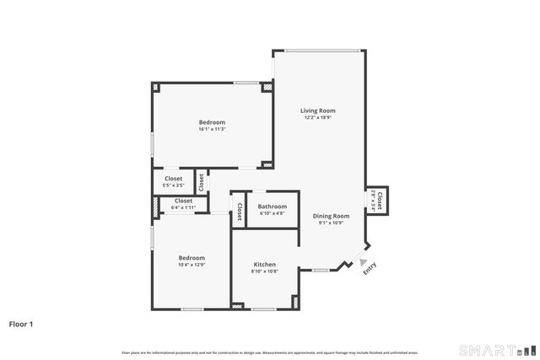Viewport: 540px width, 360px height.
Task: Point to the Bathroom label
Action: point(273,207)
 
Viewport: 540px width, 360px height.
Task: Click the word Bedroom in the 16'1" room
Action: point(212,122)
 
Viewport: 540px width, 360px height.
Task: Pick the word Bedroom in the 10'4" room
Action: point(192,257)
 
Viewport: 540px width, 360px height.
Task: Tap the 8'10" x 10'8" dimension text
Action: point(265,271)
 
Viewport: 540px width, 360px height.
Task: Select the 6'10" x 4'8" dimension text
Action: point(273,214)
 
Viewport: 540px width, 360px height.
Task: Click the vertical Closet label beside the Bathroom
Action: point(240,212)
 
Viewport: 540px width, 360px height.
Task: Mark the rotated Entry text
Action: point(370,267)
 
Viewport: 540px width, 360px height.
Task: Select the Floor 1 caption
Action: point(22,323)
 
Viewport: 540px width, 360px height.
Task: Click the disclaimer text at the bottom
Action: point(269,352)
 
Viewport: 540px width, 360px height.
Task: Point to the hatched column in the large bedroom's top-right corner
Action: point(267,87)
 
